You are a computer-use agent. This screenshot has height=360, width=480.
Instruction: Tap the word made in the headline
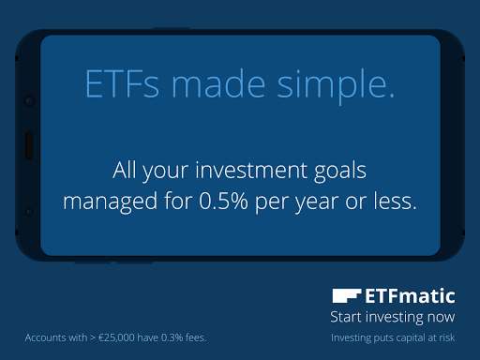pos(221,86)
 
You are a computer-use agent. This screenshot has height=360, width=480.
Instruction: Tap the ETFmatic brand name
pos(411,296)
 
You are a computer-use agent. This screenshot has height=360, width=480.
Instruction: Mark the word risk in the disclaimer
pos(444,337)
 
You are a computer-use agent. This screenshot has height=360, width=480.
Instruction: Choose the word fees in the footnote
pos(193,337)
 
